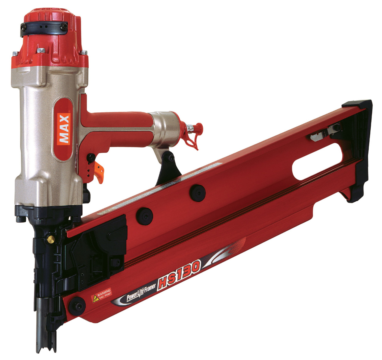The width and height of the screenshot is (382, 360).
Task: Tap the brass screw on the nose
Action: pos(51,239)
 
